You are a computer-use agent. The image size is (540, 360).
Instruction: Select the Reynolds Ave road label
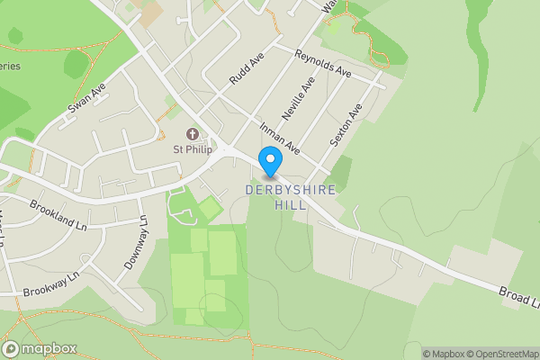click(321, 63)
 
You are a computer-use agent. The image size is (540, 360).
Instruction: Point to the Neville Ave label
click(297, 99)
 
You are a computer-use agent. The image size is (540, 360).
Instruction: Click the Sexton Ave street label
click(346, 125)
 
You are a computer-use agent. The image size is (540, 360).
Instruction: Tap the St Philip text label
click(193, 149)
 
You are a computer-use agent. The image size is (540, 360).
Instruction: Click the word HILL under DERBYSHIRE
click(290, 205)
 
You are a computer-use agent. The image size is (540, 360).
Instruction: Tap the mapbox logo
click(40, 348)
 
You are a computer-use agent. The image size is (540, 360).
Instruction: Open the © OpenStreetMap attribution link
click(499, 354)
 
